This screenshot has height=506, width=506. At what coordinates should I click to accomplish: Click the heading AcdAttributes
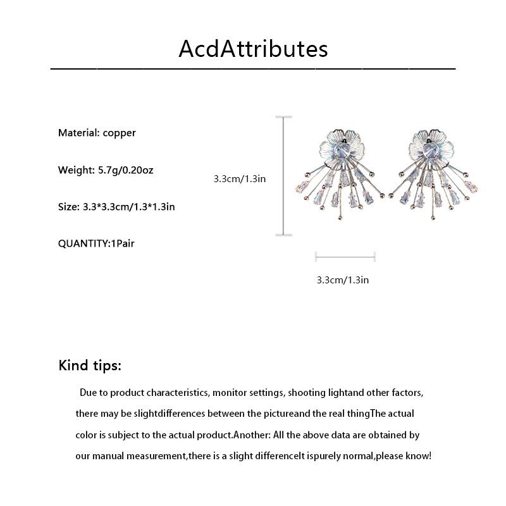click(x=253, y=49)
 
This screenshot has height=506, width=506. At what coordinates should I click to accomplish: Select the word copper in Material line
click(x=120, y=133)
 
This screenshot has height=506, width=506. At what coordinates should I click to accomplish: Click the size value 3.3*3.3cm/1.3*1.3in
click(x=129, y=206)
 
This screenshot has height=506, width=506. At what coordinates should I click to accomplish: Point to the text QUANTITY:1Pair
click(x=96, y=243)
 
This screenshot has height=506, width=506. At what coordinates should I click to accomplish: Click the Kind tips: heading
click(x=90, y=365)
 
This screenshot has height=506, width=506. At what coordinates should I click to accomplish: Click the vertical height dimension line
click(x=283, y=175)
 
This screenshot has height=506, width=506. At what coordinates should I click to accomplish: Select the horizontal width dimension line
click(x=345, y=256)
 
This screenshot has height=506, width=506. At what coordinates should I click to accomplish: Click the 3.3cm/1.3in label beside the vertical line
click(x=239, y=179)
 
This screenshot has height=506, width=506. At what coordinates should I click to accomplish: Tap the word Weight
click(x=76, y=170)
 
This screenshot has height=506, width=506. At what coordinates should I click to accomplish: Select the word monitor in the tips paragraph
click(x=231, y=393)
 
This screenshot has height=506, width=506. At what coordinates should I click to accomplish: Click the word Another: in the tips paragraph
click(x=254, y=435)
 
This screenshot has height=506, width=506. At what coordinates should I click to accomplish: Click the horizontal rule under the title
click(x=253, y=68)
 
